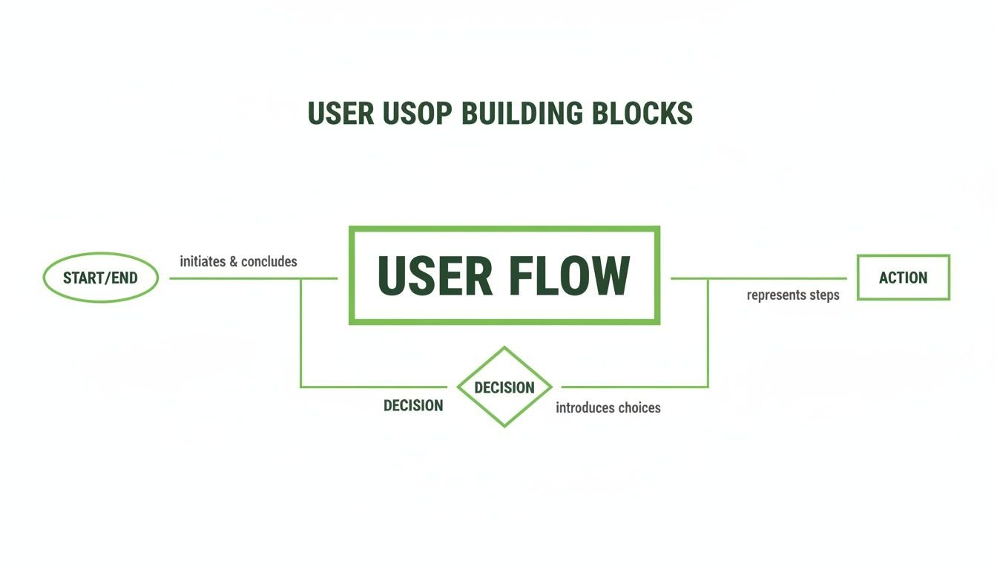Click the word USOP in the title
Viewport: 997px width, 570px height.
click(418, 114)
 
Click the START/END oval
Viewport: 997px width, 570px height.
click(101, 278)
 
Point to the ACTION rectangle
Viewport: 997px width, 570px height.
click(903, 278)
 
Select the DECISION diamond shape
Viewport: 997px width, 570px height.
click(504, 387)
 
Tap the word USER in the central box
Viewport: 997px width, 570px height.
click(435, 276)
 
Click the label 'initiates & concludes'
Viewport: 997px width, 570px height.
click(238, 261)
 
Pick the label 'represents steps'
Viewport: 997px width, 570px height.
click(793, 295)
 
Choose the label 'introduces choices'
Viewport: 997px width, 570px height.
click(608, 407)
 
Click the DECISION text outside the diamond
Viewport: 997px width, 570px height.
click(413, 406)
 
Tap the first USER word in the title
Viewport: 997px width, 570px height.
click(340, 114)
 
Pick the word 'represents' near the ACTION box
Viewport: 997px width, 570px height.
click(775, 295)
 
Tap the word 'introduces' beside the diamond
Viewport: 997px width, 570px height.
click(583, 407)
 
